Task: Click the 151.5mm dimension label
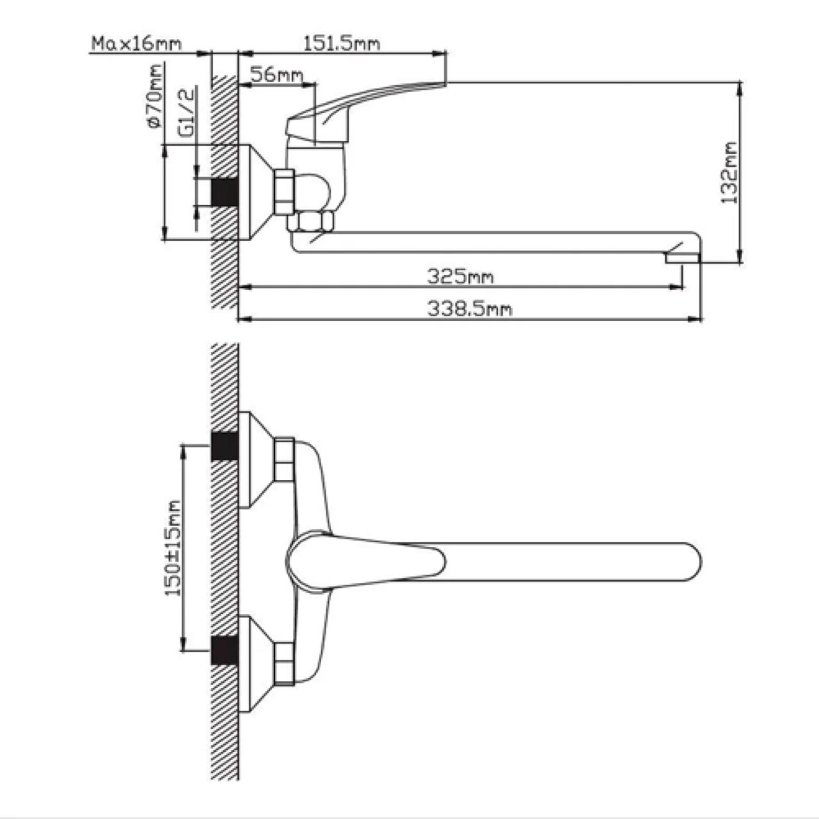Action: [341, 44]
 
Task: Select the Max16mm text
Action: [137, 44]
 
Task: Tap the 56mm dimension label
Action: [276, 75]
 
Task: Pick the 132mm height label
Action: [729, 173]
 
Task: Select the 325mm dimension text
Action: [461, 277]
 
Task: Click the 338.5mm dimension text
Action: [470, 309]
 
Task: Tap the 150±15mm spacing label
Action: [173, 548]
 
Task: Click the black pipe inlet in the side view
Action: [225, 192]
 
